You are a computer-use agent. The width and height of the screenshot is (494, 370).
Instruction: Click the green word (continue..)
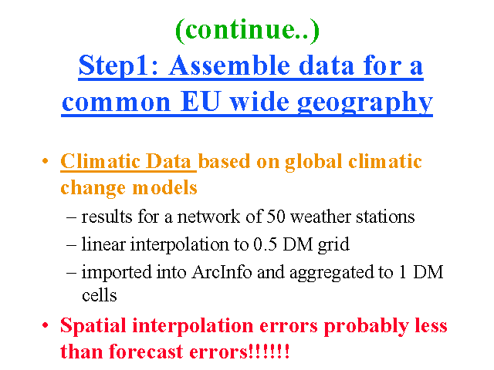(247, 30)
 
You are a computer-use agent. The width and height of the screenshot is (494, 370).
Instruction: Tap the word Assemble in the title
(229, 66)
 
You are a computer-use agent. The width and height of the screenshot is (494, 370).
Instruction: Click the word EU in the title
(200, 102)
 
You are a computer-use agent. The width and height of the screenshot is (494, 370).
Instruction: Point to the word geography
(365, 103)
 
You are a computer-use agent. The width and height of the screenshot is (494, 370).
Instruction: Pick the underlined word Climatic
(100, 161)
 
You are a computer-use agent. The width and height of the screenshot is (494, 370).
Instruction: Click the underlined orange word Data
(169, 161)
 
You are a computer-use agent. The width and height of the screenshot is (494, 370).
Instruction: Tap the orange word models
(164, 188)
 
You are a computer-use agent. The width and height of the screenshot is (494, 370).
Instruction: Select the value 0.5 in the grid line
(266, 244)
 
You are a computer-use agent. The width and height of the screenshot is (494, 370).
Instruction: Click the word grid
(334, 245)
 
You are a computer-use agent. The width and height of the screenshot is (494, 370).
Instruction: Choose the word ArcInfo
(222, 272)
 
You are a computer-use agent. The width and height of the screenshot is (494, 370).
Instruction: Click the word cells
(100, 295)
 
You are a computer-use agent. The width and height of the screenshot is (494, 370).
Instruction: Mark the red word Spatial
(93, 326)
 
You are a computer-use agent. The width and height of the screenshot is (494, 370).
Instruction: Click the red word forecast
(146, 351)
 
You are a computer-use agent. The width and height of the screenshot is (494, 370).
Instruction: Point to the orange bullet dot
(46, 161)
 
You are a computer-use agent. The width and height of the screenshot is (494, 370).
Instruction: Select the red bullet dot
(46, 325)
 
